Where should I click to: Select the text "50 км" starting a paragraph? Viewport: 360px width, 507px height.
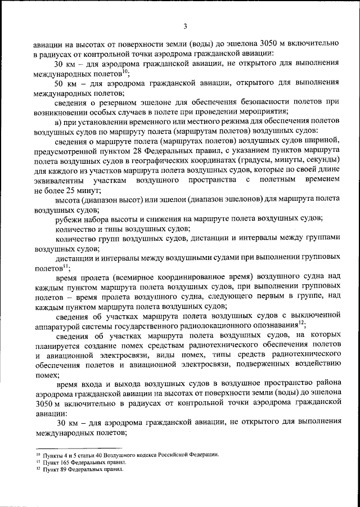coord(67,83)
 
